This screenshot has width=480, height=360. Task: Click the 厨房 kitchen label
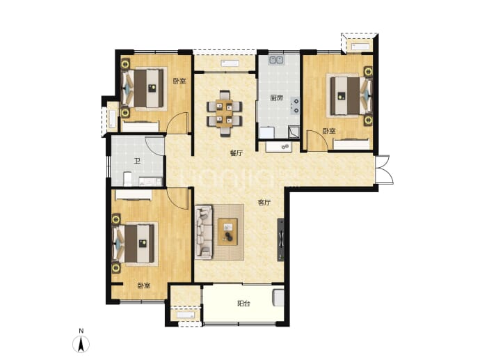pyautogui.click(x=276, y=98)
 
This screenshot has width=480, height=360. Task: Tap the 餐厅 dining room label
pyautogui.click(x=237, y=153)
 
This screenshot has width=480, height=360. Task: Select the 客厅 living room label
pyautogui.click(x=264, y=203)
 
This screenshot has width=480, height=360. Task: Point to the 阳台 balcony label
pyautogui.click(x=243, y=304)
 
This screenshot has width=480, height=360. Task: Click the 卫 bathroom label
pyautogui.click(x=137, y=161)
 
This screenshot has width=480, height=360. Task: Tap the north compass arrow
pyautogui.click(x=81, y=344)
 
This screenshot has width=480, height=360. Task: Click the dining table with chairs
pyautogui.click(x=225, y=113)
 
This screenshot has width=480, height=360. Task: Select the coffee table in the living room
pyautogui.click(x=227, y=232)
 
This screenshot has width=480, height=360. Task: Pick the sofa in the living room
pyautogui.click(x=204, y=233)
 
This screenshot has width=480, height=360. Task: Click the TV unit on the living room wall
pyautogui.click(x=281, y=240)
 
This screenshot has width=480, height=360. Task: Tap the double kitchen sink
pyautogui.click(x=276, y=60)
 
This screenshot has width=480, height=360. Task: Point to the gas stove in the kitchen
pyautogui.click(x=295, y=105)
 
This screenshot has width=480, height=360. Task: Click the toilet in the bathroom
pyautogui.click(x=127, y=179)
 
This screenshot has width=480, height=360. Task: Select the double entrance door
pyautogui.click(x=384, y=170)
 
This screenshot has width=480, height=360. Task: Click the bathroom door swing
pyautogui.click(x=155, y=146)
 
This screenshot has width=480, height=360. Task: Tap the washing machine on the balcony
pyautogui.click(x=278, y=297)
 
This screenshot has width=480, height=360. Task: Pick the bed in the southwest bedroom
pyautogui.click(x=135, y=244)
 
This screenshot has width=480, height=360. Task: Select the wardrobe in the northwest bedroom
pyautogui.click(x=141, y=127)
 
